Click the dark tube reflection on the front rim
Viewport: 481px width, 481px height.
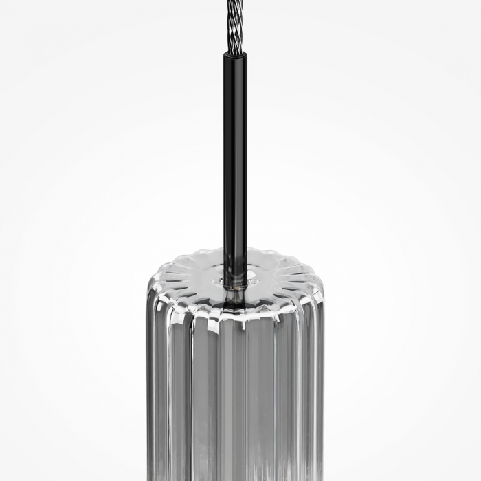point(234,306)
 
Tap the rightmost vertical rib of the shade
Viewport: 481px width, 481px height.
point(317,385)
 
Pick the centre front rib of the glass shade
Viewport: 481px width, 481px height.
point(236,399)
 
